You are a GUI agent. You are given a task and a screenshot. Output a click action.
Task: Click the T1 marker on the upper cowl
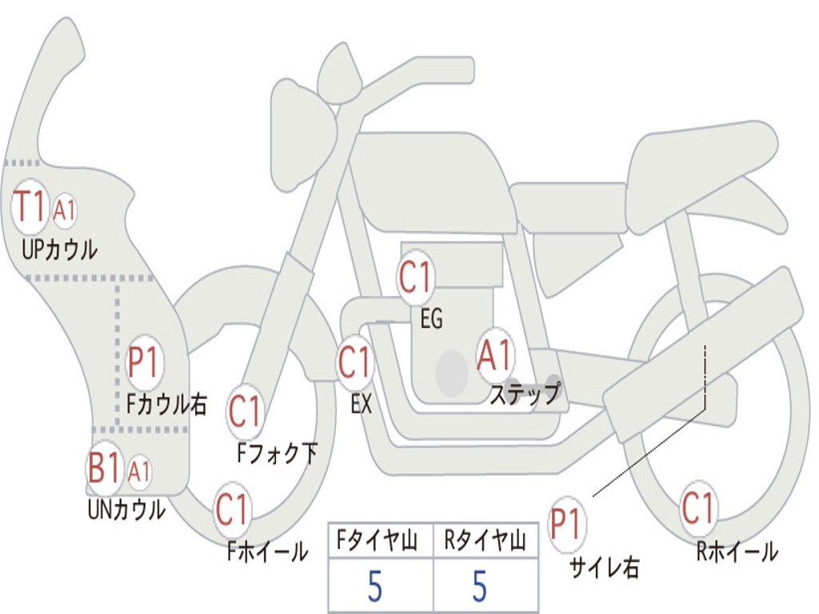(x=30, y=206)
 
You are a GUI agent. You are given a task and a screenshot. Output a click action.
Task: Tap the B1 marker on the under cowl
(x=103, y=467)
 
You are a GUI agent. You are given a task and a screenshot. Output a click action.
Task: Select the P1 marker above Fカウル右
(x=143, y=362)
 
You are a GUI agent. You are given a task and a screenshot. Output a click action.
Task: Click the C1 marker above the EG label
(x=415, y=276)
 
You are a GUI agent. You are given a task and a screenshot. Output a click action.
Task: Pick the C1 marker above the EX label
(x=354, y=362)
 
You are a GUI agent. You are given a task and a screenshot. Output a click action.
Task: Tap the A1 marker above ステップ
(x=494, y=356)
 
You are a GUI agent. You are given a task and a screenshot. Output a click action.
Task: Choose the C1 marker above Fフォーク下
(x=245, y=411)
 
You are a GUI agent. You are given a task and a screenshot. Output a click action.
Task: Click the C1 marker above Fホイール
(x=232, y=509)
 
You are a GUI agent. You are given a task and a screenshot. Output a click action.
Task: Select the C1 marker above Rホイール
(x=698, y=508)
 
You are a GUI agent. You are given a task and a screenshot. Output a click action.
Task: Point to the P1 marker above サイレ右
(x=567, y=524)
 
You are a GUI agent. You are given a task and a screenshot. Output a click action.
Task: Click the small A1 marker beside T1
(x=64, y=210)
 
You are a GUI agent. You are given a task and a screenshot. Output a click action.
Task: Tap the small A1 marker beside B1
(x=138, y=472)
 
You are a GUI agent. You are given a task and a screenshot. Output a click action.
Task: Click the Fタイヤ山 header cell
(x=380, y=540)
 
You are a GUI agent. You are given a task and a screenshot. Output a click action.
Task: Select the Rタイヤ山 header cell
(x=485, y=540)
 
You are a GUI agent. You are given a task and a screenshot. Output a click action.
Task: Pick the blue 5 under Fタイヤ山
(x=375, y=586)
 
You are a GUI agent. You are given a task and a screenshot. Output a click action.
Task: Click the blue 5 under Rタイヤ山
(x=480, y=586)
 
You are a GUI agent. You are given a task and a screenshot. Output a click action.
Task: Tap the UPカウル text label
(x=59, y=249)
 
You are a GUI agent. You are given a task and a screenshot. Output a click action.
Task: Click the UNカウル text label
(x=126, y=509)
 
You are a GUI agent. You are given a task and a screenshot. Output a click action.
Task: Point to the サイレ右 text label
(x=605, y=567)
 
